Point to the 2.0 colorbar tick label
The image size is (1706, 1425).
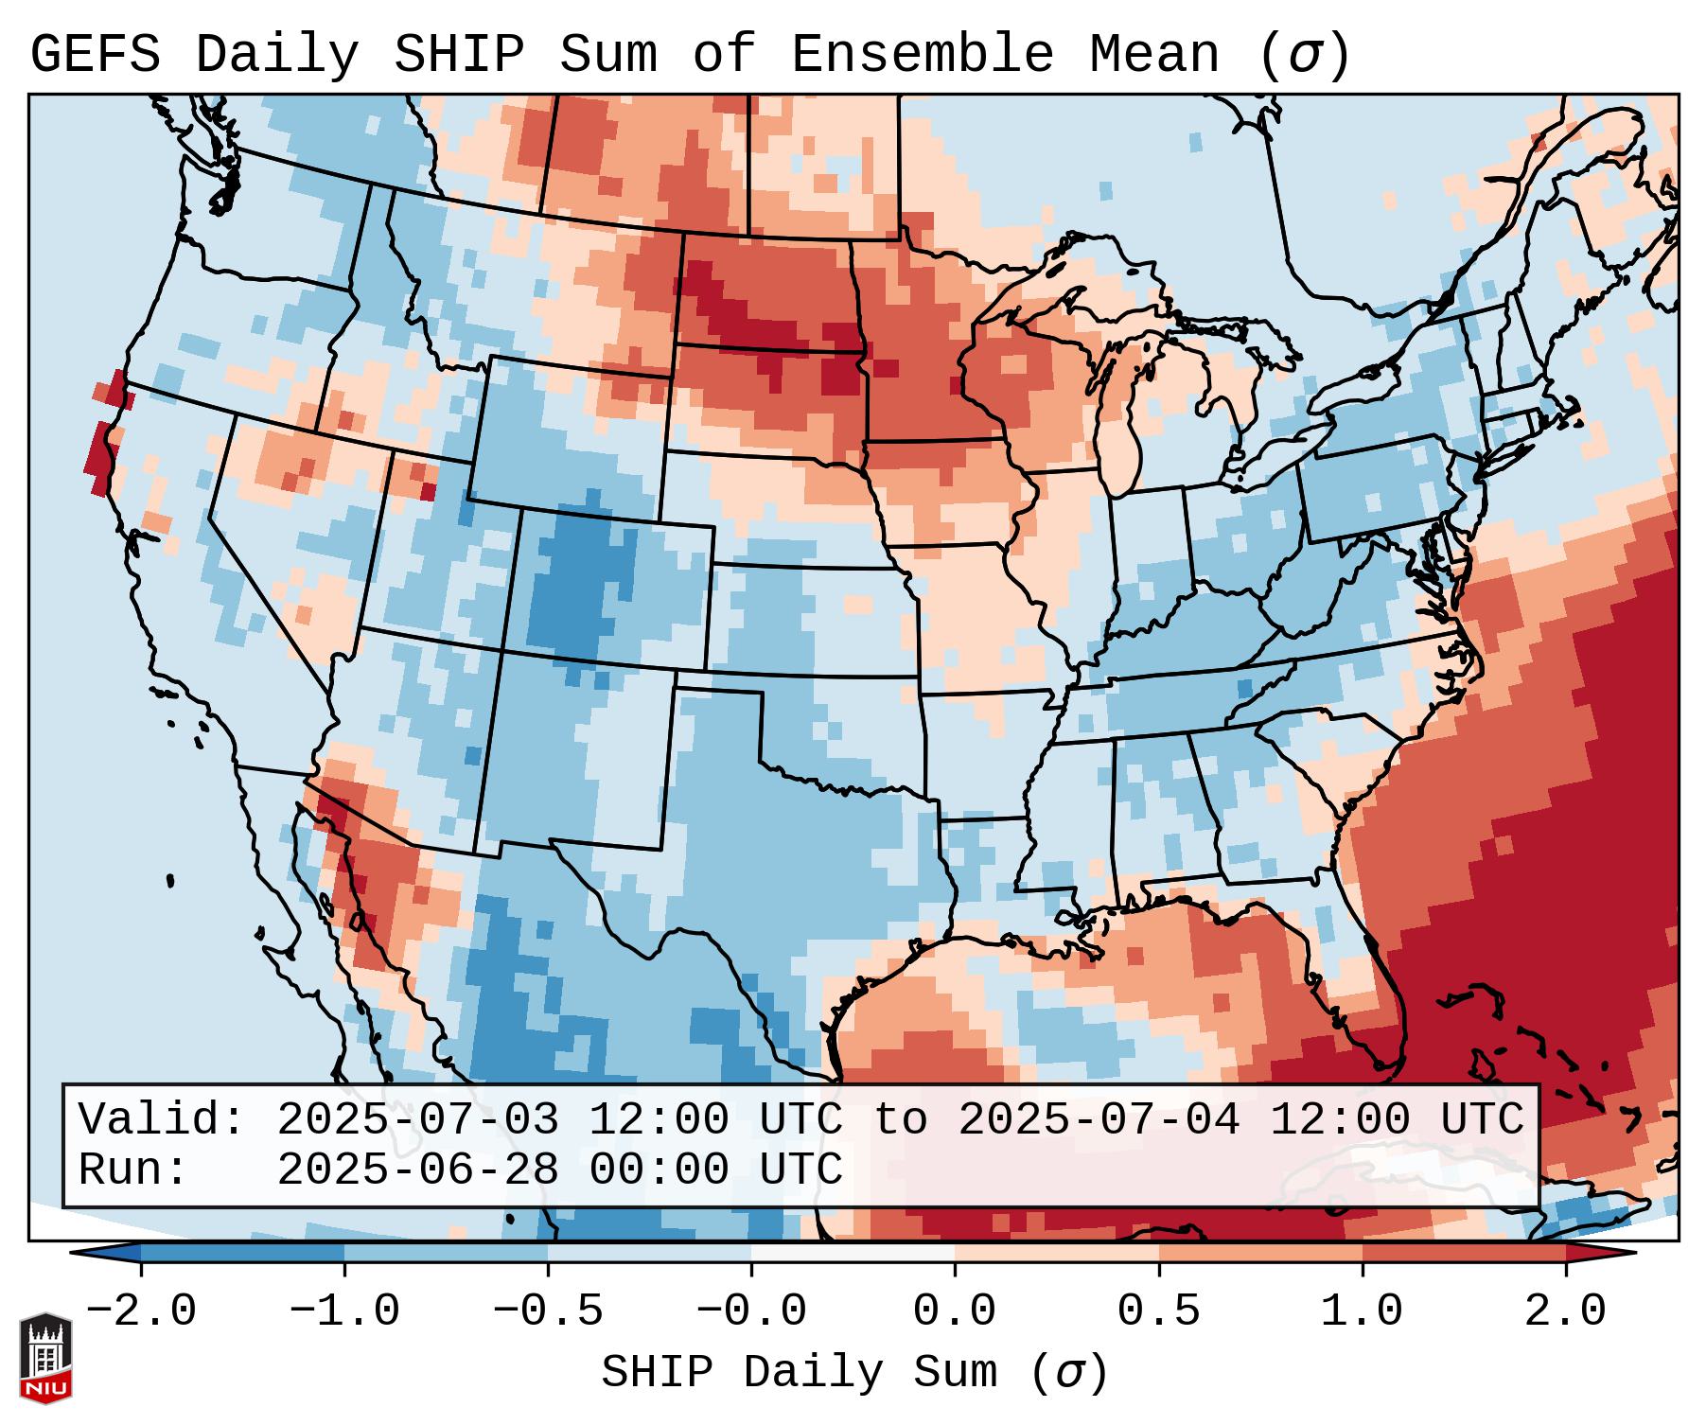[x=1565, y=1311]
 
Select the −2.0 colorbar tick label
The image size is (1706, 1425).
[x=141, y=1311]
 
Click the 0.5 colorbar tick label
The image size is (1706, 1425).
[x=1158, y=1311]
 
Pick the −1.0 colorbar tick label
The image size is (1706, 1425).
[x=344, y=1311]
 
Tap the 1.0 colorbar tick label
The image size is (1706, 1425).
[x=1362, y=1311]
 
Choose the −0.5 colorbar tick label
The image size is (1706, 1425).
[x=548, y=1311]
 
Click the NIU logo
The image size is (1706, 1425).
[x=45, y=1358]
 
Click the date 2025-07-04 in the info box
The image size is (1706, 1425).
[x=1099, y=1119]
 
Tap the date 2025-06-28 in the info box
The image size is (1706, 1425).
[x=417, y=1170]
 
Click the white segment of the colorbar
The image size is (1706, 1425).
[x=853, y=1253]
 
